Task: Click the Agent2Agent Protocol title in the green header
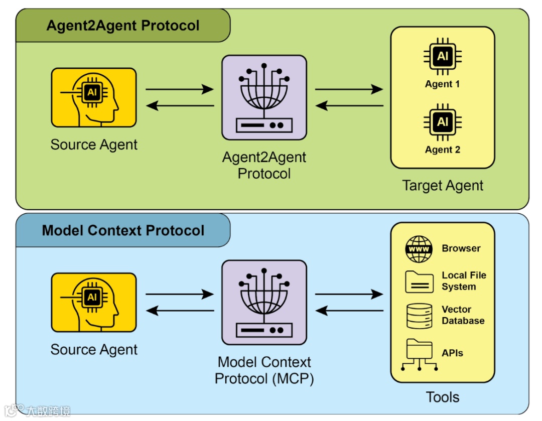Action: [123, 26]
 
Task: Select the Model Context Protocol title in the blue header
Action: [123, 230]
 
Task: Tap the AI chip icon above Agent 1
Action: [443, 56]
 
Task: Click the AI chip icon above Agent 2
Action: [443, 122]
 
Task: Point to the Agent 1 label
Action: [443, 84]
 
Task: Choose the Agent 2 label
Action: [443, 150]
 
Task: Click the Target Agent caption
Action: [443, 186]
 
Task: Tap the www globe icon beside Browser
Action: [419, 249]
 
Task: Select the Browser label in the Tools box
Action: [461, 248]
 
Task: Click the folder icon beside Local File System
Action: [419, 282]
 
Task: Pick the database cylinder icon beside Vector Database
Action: [419, 316]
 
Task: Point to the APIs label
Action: [452, 353]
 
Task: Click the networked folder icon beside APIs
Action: [419, 355]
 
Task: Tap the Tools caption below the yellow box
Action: [443, 397]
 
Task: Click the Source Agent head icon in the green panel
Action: [94, 97]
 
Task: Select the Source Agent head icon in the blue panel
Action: [94, 303]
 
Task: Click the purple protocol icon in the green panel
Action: [264, 97]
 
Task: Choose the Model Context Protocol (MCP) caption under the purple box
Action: [264, 370]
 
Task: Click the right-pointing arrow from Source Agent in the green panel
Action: [179, 89]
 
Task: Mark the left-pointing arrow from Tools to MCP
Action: [349, 311]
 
